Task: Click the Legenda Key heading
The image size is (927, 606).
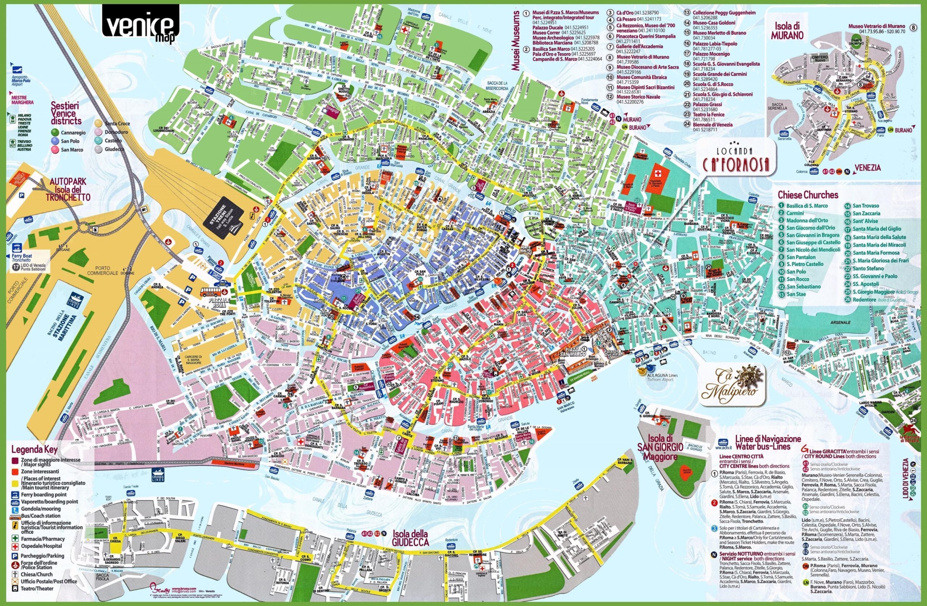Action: (x=35, y=450)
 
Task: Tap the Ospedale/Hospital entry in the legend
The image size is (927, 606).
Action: (x=39, y=546)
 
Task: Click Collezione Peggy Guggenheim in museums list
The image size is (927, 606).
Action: (x=724, y=12)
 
